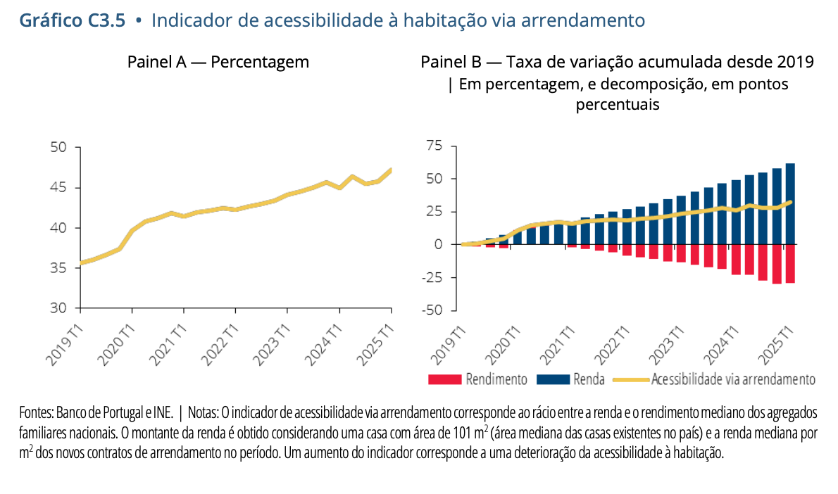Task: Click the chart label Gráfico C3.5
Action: point(72,20)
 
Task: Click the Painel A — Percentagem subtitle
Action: point(218,62)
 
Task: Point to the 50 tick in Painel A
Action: point(58,147)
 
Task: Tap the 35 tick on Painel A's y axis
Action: point(58,267)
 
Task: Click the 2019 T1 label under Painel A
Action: point(64,344)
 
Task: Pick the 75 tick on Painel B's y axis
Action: point(434,146)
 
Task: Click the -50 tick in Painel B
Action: point(431,310)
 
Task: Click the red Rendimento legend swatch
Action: point(444,380)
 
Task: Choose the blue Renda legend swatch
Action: point(553,380)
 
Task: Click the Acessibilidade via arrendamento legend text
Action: point(733,380)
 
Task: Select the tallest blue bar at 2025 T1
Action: point(790,204)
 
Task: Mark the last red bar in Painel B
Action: point(790,264)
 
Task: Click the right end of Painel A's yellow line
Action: point(392,170)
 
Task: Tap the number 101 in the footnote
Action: point(461,433)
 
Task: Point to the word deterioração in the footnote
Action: point(549,453)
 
